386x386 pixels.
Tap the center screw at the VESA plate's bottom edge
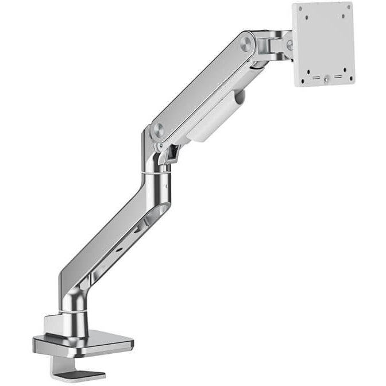[x=326, y=80]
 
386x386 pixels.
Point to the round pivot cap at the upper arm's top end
[x=247, y=43]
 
